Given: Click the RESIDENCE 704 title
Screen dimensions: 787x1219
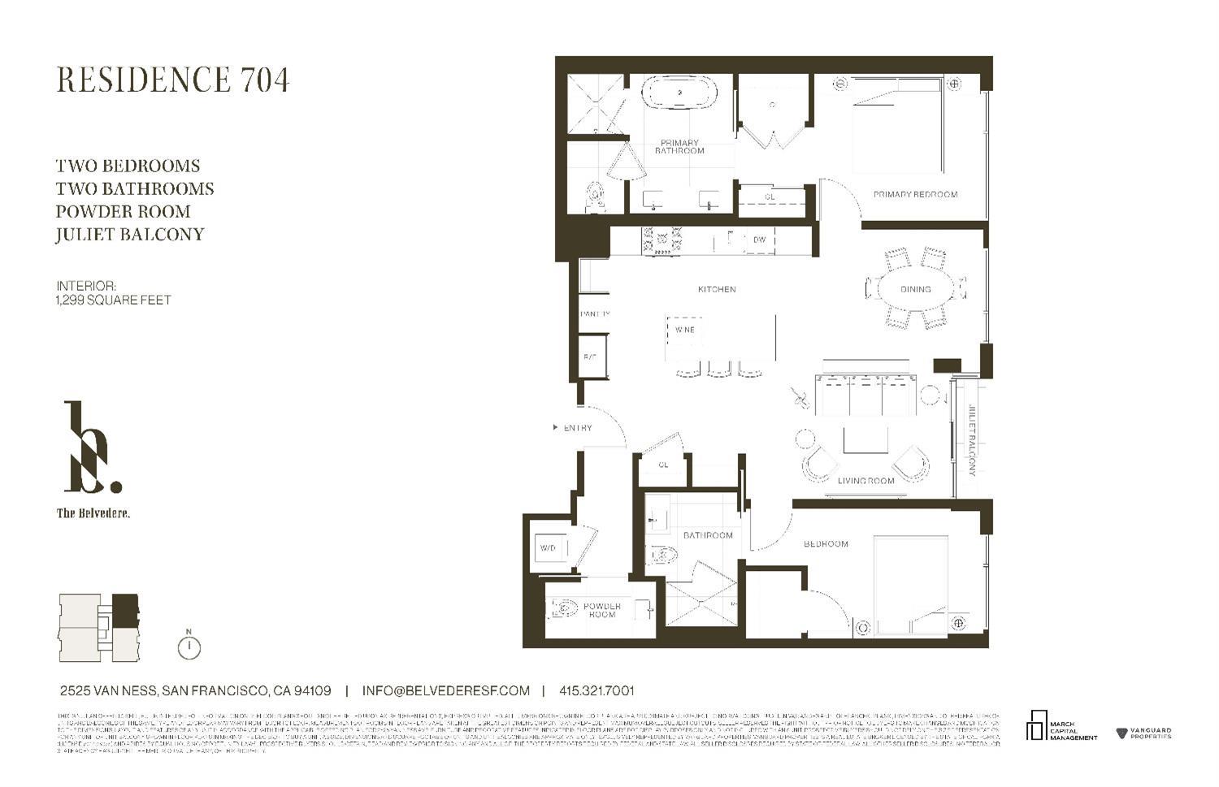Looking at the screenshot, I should pos(172,80).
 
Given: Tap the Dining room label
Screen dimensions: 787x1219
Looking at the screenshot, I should pos(916,289).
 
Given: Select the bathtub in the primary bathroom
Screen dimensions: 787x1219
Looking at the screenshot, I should pos(681,93).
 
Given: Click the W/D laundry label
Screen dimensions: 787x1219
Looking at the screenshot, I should pos(549,548).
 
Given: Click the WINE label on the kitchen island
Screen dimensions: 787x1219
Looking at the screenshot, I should pos(684,330).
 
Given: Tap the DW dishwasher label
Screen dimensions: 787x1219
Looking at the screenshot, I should pos(759,240).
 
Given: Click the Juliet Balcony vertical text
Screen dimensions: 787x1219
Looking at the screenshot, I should pos(970,439).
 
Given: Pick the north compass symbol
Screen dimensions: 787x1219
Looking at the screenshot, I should pos(189,646).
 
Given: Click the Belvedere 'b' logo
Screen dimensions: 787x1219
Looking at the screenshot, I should pos(91,448).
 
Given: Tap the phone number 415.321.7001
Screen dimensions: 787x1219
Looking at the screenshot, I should pos(596,690).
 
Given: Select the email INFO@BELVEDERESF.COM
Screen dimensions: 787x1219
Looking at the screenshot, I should pos(445,690).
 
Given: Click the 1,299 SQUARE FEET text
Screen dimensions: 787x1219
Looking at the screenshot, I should pos(114,300).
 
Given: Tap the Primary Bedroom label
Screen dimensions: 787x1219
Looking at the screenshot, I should pos(915,194).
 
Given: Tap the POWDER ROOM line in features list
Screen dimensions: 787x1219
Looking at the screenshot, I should pos(123,211).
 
